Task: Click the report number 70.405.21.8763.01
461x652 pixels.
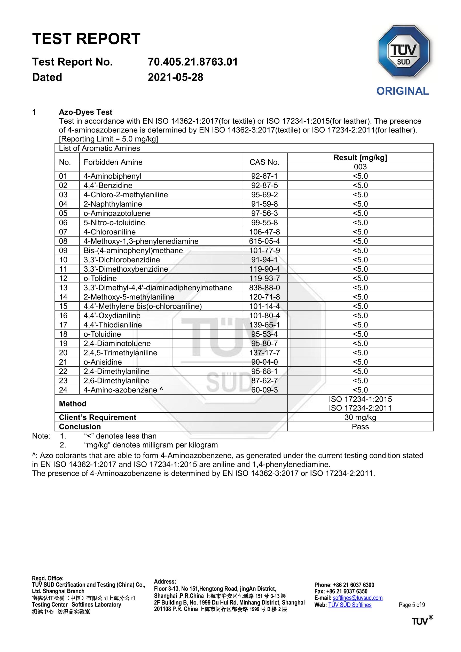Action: (x=193, y=62)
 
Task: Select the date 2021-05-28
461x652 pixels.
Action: (x=175, y=77)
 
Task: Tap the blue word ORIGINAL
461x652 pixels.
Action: (x=402, y=91)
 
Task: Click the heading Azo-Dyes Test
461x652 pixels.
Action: (x=85, y=112)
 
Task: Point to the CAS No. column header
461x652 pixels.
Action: (x=264, y=162)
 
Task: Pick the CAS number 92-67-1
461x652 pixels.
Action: (x=264, y=176)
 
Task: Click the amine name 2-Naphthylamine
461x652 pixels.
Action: (x=113, y=204)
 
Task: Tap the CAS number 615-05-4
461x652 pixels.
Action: (x=264, y=241)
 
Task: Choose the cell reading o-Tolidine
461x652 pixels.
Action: (x=100, y=278)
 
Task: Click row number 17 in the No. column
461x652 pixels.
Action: (x=63, y=325)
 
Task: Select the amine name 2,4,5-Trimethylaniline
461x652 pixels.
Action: (x=120, y=353)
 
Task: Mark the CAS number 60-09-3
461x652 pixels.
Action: (x=264, y=390)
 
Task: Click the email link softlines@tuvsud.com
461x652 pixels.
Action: (x=357, y=598)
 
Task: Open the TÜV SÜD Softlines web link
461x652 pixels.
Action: (x=350, y=605)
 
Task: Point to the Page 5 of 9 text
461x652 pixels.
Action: (x=412, y=605)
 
